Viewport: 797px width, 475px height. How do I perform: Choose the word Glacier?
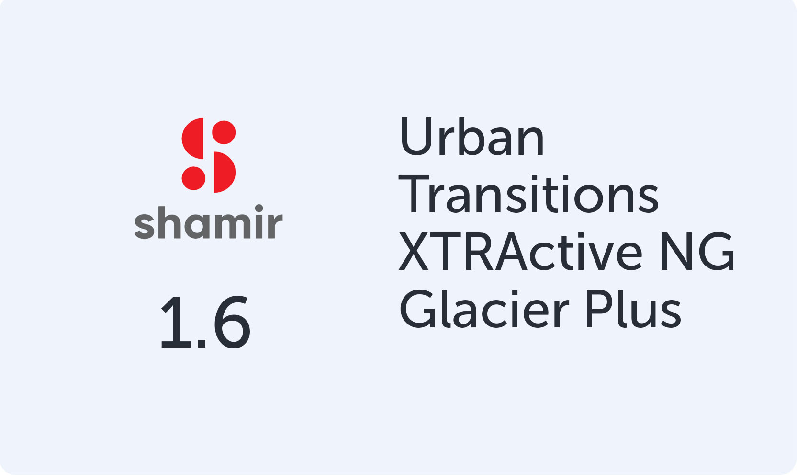[484, 309]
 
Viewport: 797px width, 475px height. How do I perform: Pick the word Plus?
[633, 309]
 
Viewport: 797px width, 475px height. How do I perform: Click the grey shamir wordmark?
[208, 222]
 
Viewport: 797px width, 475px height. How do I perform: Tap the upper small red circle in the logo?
[224, 132]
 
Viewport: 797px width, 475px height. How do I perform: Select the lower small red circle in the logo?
[193, 178]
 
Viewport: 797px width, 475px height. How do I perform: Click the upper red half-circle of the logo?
[194, 139]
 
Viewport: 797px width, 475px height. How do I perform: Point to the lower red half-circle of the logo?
[224, 172]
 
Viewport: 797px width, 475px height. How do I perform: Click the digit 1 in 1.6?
[174, 322]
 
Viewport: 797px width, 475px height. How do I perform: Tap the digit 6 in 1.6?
[232, 322]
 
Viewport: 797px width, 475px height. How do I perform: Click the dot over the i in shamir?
[259, 209]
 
